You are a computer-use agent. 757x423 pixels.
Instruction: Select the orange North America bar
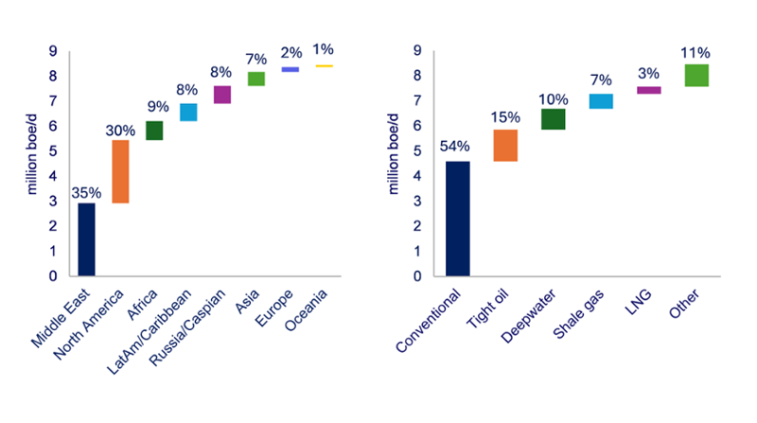click(120, 171)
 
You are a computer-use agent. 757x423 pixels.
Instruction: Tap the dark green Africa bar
click(154, 131)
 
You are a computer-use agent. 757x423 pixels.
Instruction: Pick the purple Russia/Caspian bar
click(222, 94)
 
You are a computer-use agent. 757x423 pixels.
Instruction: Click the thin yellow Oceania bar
click(324, 66)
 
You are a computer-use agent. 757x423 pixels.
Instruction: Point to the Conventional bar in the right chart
click(457, 218)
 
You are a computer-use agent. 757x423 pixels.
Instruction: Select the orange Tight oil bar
click(505, 146)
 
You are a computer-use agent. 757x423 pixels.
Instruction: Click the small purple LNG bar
click(649, 90)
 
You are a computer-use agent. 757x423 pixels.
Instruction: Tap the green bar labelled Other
click(697, 75)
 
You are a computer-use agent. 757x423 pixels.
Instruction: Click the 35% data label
click(86, 193)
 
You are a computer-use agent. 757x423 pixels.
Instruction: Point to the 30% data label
click(120, 131)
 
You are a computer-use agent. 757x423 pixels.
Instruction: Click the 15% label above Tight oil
click(505, 118)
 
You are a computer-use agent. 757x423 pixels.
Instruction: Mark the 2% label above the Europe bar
click(290, 53)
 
